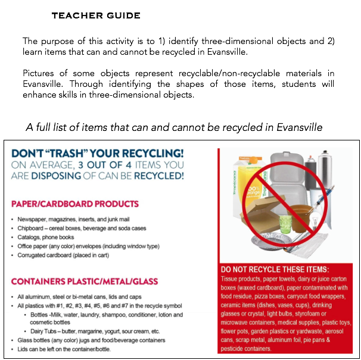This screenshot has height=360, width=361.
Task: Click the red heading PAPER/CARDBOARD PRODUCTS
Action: pyautogui.click(x=74, y=204)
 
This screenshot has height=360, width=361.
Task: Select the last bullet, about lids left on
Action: pyautogui.click(x=60, y=349)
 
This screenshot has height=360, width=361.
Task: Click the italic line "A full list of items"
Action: pyautogui.click(x=174, y=128)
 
